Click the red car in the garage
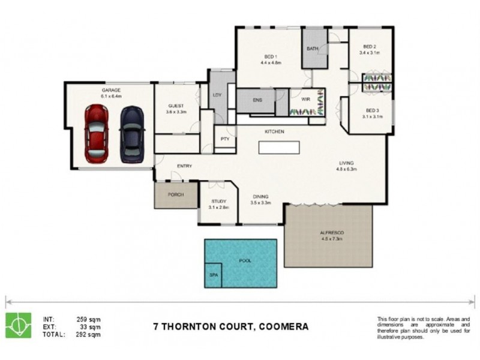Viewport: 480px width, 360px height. [96, 134]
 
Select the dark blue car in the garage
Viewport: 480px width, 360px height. [131, 134]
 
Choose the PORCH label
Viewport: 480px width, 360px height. [176, 195]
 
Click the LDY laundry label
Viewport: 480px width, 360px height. [217, 95]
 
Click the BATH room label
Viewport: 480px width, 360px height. [312, 49]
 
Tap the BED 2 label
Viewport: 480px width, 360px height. [370, 47]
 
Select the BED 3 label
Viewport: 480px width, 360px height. [373, 110]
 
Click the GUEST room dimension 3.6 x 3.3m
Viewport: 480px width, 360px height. [176, 112]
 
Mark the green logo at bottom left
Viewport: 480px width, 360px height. [18, 326]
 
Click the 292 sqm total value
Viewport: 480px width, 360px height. [88, 335]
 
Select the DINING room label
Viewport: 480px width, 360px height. [260, 197]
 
